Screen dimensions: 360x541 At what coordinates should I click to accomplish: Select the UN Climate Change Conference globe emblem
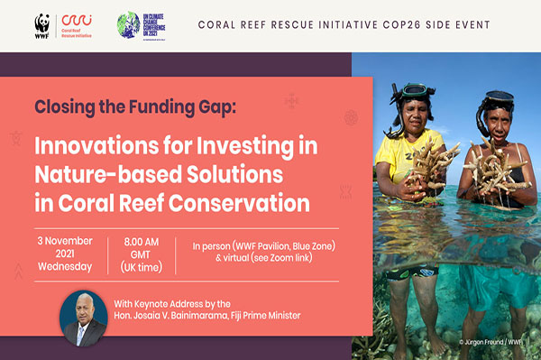[x=129, y=24]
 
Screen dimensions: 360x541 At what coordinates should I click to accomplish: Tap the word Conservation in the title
[x=240, y=202]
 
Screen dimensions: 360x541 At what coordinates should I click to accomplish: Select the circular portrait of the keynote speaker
[x=83, y=315]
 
